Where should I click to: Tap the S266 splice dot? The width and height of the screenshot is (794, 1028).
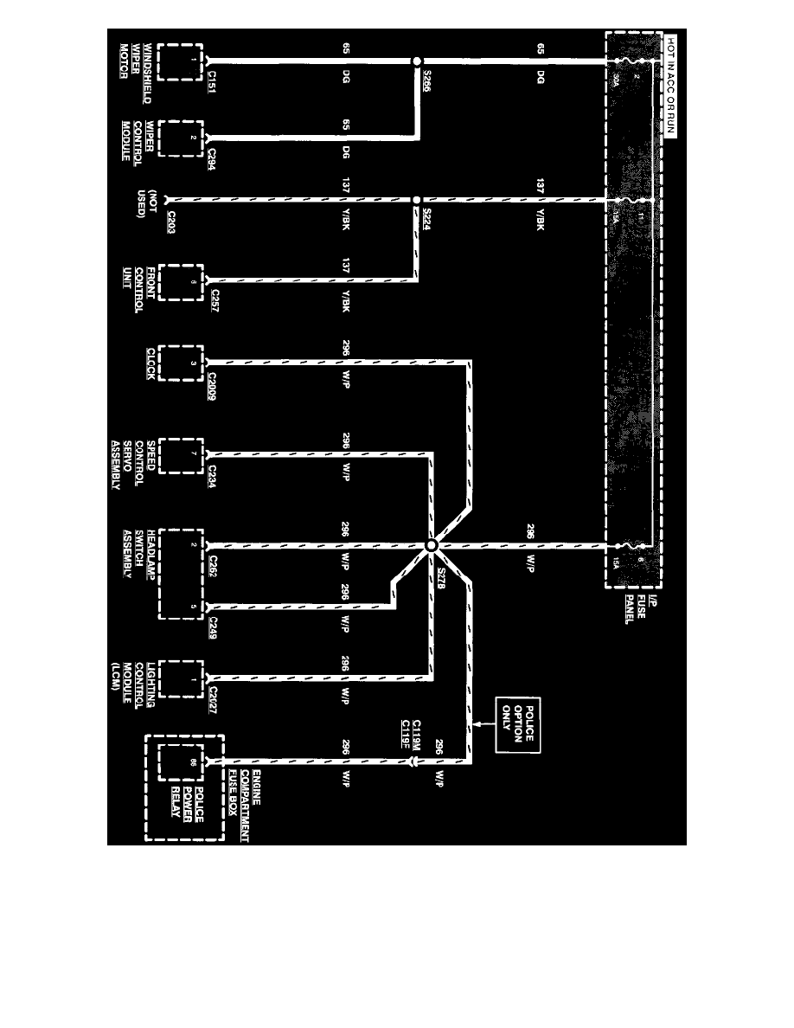coord(416,61)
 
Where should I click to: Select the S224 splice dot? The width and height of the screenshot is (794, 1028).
coord(416,199)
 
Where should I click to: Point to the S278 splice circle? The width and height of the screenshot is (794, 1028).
coord(430,545)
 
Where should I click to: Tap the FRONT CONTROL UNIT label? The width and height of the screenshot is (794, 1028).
coord(137,278)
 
